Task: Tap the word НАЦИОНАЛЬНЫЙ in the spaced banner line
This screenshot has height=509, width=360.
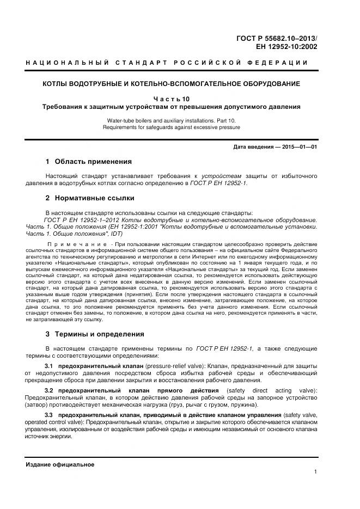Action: [65, 63]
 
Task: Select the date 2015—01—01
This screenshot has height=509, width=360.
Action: [299, 147]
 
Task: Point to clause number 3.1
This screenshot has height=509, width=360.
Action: [48, 364]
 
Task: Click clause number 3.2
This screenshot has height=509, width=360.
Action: [48, 391]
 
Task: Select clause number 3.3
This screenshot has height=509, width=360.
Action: [48, 415]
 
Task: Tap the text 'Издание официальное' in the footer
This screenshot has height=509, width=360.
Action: [60, 464]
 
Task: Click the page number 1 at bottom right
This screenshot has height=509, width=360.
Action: [315, 472]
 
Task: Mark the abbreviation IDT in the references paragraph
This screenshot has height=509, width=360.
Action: [117, 234]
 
